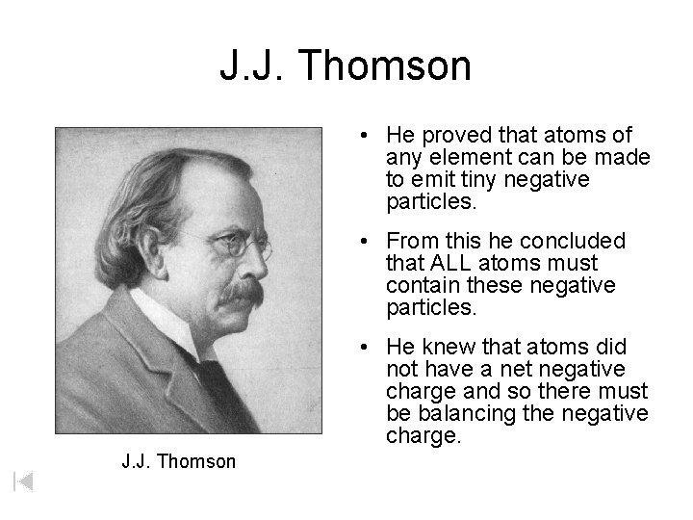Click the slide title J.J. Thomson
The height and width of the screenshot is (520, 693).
coord(346,66)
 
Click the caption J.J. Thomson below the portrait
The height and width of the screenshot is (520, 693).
coord(178,461)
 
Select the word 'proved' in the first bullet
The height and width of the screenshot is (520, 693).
coord(441,136)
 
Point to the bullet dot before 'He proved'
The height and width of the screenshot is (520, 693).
coord(371,137)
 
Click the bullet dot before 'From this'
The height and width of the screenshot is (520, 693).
coord(371,241)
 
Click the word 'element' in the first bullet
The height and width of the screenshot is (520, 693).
coord(461,158)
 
